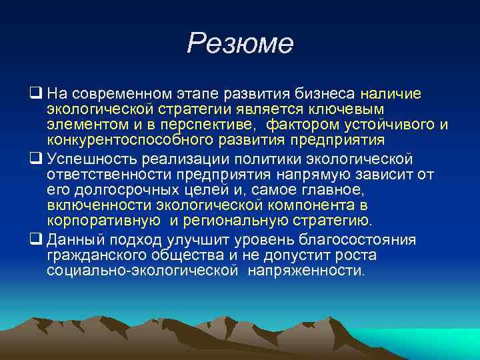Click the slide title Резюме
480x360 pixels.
click(x=240, y=44)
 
